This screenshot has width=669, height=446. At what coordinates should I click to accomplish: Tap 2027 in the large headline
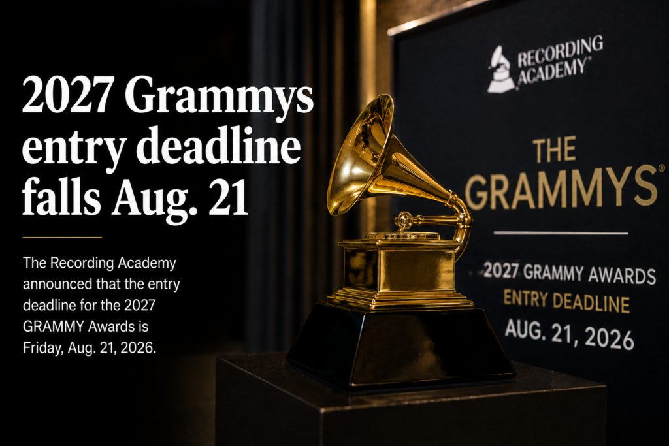tap(68, 94)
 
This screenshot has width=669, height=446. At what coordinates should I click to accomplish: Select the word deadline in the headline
tap(218, 145)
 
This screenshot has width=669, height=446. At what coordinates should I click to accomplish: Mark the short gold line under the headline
tap(62, 237)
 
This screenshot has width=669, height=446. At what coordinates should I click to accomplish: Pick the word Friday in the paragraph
tap(43, 348)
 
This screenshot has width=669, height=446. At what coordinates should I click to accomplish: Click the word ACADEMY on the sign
tap(552, 72)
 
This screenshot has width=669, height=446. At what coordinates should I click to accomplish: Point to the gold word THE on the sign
tap(554, 150)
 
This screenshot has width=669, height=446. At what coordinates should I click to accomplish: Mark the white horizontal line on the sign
tap(561, 233)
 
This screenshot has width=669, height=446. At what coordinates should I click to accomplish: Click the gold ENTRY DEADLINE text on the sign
tap(566, 301)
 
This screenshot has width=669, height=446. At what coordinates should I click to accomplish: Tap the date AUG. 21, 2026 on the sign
tap(569, 334)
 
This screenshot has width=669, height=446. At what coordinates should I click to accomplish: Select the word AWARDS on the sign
tap(622, 276)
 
